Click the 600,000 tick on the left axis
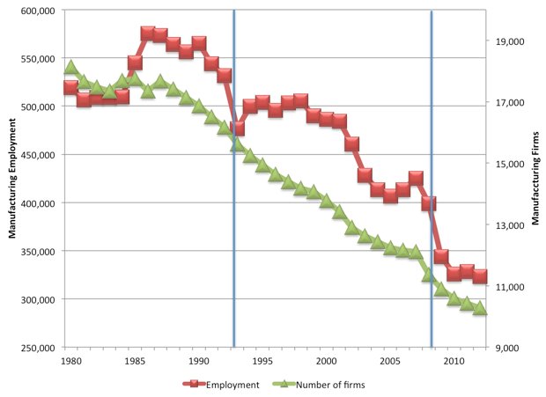[40, 11]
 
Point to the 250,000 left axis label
[40, 348]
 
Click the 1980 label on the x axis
[70, 362]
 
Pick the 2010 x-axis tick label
[454, 362]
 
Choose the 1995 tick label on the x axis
[262, 362]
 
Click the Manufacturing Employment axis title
[12, 180]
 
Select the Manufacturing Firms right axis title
[535, 180]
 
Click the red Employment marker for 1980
[70, 87]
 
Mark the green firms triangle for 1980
[70, 67]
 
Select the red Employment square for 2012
[479, 276]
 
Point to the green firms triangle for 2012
[479, 309]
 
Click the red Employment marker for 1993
[237, 129]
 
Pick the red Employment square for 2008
[429, 203]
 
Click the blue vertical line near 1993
[233, 220]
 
